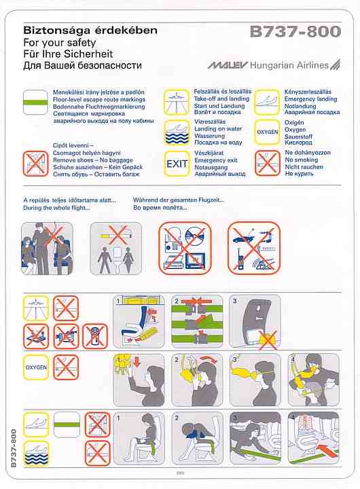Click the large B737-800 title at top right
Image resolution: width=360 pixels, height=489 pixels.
pyautogui.click(x=295, y=31)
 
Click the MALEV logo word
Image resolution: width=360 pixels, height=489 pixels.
pyautogui.click(x=228, y=65)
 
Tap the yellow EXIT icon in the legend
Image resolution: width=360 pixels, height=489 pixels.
pyautogui.click(x=177, y=164)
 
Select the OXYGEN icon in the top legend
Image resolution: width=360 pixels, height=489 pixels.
pyautogui.click(x=267, y=132)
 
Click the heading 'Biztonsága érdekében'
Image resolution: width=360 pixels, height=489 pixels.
pyautogui.click(x=90, y=31)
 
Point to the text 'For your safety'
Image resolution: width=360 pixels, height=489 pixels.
pyautogui.click(x=59, y=42)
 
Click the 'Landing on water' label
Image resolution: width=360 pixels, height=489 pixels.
pyautogui.click(x=218, y=128)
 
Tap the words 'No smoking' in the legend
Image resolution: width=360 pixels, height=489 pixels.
pyautogui.click(x=302, y=160)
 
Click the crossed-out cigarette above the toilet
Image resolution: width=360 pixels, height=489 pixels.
pyautogui.click(x=117, y=235)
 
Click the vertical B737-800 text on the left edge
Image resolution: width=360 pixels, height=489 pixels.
pyautogui.click(x=14, y=448)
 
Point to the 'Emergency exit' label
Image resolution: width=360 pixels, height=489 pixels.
pyautogui.click(x=216, y=160)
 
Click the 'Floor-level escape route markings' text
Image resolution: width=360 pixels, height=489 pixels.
pyautogui.click(x=99, y=99)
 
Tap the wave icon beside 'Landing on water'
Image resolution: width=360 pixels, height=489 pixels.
pyautogui.click(x=177, y=133)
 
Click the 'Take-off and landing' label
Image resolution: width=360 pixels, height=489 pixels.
pyautogui.click(x=221, y=98)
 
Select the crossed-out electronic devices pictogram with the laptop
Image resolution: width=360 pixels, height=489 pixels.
pyautogui.click(x=185, y=249)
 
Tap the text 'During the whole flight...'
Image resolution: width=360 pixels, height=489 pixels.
pyautogui.click(x=56, y=208)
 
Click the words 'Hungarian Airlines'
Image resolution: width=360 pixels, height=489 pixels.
pyautogui.click(x=289, y=65)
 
